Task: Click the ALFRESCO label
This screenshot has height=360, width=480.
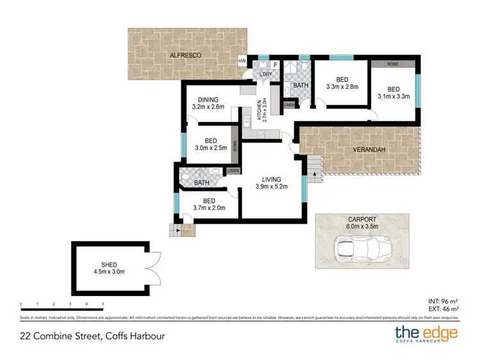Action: (186, 56)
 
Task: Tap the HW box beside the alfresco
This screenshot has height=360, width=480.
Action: (243, 61)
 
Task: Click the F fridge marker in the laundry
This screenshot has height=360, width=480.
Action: (275, 65)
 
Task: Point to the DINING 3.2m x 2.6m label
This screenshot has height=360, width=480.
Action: (208, 104)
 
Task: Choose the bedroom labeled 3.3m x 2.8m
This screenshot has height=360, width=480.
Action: (342, 83)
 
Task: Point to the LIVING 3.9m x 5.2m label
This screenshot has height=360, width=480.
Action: (272, 183)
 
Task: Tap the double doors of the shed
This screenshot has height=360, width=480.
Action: (151, 265)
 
